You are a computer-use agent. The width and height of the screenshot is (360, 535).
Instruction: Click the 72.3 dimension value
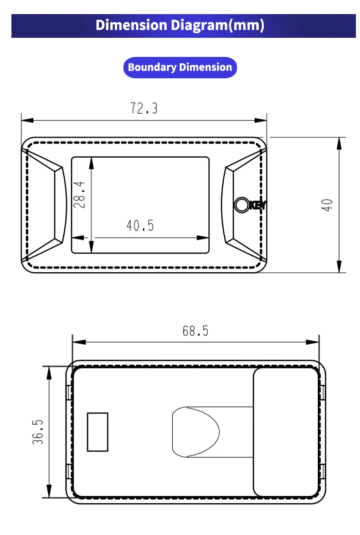coord(144,108)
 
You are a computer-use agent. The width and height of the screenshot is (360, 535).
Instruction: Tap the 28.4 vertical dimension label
coord(79,194)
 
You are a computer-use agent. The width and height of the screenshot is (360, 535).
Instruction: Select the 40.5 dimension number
coord(140,225)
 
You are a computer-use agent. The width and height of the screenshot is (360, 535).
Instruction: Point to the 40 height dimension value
coord(327,205)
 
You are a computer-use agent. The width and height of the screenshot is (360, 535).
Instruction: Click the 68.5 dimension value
coord(195,331)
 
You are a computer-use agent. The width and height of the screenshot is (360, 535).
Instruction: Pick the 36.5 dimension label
coord(38,432)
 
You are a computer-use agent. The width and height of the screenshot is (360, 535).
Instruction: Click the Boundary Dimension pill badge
coord(180,67)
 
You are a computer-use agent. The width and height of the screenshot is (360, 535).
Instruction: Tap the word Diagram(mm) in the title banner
coord(217,25)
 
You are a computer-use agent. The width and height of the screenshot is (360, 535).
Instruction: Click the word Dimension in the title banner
coord(131,25)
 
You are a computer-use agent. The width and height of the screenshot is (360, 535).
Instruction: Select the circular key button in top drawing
coord(242,205)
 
